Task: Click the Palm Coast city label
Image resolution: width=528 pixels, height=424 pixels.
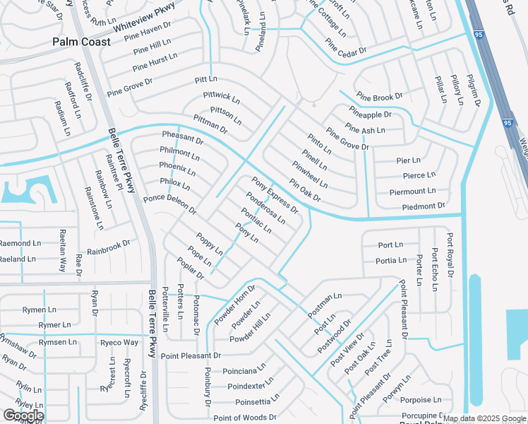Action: pos(81,42)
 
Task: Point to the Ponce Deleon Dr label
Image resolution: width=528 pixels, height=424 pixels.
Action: pos(169,205)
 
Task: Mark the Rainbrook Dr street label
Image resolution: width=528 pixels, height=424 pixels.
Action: pos(109,248)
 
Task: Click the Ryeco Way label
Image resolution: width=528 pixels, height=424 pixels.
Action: pos(119,343)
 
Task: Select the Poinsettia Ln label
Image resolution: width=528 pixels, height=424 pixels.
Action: pos(253,402)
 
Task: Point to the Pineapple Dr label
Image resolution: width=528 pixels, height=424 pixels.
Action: pos(370,114)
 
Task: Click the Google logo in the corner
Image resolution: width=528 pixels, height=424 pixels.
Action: pos(23,415)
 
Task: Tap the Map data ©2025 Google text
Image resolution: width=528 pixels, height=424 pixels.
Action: pos(484,418)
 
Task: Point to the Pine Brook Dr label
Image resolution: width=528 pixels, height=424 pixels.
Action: pos(379,96)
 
